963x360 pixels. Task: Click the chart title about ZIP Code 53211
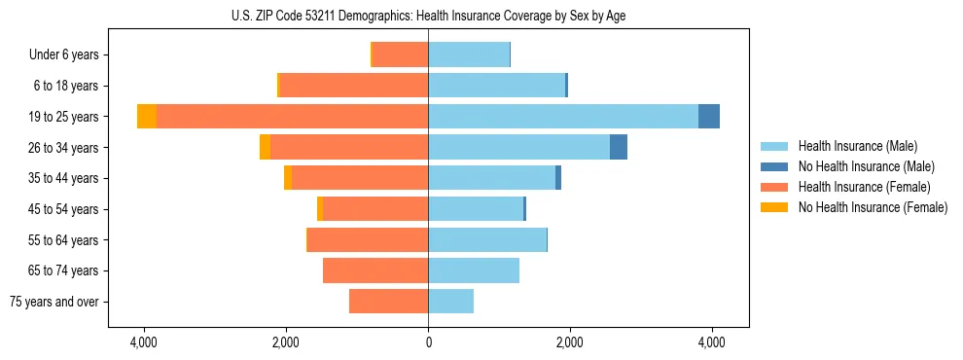pyautogui.click(x=428, y=16)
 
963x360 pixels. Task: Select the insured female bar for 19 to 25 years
pyautogui.click(x=292, y=117)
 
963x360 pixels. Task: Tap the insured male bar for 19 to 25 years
pyautogui.click(x=563, y=117)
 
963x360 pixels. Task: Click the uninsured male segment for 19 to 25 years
pyautogui.click(x=709, y=117)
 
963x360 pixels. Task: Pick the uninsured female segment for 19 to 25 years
pyautogui.click(x=147, y=117)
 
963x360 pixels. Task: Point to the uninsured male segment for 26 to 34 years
pyautogui.click(x=619, y=147)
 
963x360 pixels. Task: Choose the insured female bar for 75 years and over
pyautogui.click(x=388, y=302)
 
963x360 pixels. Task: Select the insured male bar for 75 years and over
pyautogui.click(x=450, y=302)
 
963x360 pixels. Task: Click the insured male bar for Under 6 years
pyautogui.click(x=469, y=54)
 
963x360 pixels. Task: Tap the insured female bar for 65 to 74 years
pyautogui.click(x=375, y=270)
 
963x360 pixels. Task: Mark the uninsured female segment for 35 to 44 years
pyautogui.click(x=288, y=178)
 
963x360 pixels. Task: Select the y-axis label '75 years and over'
pyautogui.click(x=54, y=302)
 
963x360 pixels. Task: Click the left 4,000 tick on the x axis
pyautogui.click(x=144, y=342)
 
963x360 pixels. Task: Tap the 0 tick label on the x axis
pyautogui.click(x=428, y=342)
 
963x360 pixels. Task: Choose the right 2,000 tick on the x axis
pyautogui.click(x=570, y=342)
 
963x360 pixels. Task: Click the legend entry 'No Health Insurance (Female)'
pyautogui.click(x=873, y=207)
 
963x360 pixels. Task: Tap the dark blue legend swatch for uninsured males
pyautogui.click(x=774, y=166)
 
